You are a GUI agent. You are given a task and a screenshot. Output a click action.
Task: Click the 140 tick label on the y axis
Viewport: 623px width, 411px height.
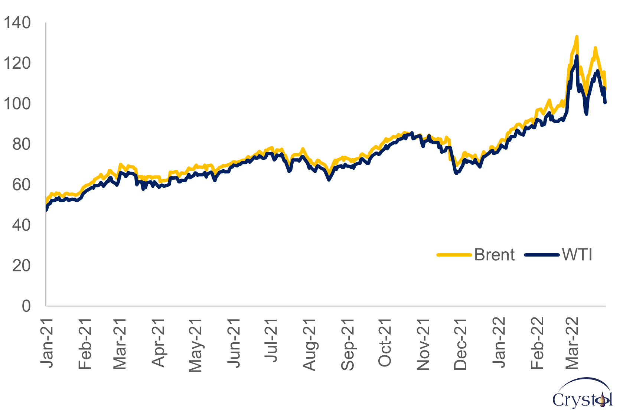point(17,23)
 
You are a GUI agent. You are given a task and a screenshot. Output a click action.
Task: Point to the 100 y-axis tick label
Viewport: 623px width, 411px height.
point(17,104)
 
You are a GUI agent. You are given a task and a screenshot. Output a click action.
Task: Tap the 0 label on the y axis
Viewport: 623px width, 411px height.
point(26,306)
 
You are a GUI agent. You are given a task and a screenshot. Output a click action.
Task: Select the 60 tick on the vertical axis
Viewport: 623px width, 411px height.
point(22,185)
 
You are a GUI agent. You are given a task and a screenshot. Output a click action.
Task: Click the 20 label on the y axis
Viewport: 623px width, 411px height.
point(22,266)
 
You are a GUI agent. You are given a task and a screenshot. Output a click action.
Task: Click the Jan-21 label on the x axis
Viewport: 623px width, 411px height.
point(47,343)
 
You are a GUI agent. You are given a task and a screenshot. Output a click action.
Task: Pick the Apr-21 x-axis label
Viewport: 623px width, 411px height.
point(159,343)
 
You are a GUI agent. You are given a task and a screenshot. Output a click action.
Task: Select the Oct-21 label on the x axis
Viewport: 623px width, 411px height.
point(385,343)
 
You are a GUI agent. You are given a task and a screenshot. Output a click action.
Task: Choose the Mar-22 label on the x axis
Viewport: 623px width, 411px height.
point(572,343)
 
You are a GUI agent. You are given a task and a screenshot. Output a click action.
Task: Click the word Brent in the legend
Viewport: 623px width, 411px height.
point(495,255)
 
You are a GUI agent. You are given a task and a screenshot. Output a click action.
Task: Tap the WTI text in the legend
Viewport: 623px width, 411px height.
point(577,255)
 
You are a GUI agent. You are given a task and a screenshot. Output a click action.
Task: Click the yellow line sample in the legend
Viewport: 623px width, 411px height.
point(454,255)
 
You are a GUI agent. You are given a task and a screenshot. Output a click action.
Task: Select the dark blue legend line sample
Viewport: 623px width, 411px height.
point(542,255)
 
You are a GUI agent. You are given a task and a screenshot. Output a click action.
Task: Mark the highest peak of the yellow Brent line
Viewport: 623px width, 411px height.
point(577,37)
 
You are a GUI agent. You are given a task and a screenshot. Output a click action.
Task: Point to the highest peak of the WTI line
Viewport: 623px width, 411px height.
point(577,56)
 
